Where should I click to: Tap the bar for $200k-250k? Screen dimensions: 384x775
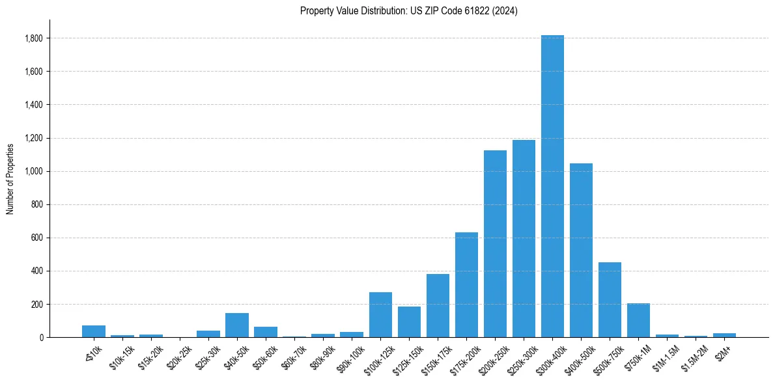495,243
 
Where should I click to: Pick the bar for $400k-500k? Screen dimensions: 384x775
581,250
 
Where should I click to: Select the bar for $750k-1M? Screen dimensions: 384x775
638,320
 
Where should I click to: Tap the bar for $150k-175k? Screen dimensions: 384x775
438,305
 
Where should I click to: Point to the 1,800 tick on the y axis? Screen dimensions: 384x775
34,38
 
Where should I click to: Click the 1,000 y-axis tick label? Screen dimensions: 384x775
34,171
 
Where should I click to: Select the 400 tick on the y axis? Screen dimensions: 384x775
38,271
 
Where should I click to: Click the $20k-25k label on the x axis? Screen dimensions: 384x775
180,357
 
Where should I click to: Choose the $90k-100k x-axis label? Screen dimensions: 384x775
350,359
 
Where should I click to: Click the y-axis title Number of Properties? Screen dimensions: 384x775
10,178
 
